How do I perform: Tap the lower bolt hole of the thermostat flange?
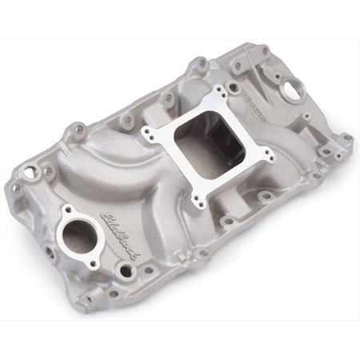click(94, 262)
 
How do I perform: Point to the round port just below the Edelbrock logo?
click(126, 270)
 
